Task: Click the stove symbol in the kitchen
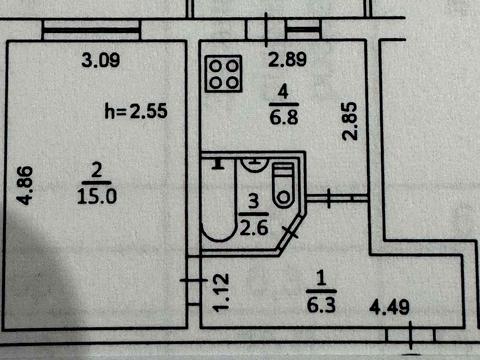coord(224,72)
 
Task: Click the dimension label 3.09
coord(100,60)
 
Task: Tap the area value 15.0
coord(97,197)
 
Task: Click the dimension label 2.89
coord(285,61)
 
